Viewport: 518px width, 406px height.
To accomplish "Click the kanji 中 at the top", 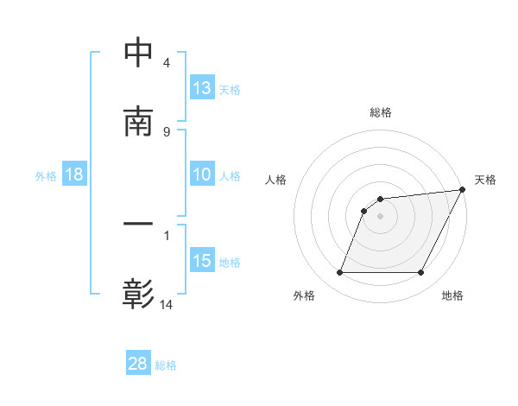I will click(x=138, y=53).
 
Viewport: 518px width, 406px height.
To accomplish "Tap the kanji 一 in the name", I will click(x=138, y=225).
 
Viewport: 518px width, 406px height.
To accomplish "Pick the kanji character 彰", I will click(x=138, y=295).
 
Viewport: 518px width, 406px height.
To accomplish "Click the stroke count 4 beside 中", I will click(x=166, y=63).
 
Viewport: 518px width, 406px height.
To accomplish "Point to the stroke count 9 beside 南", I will click(x=166, y=131).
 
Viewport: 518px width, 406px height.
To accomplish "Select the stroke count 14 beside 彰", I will click(x=166, y=304).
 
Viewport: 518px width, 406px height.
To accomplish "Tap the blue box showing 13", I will click(x=201, y=88).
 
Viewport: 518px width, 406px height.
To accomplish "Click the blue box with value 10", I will click(x=201, y=174).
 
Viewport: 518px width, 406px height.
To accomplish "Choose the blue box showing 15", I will click(x=201, y=261).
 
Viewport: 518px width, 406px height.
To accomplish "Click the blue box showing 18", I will click(x=74, y=174).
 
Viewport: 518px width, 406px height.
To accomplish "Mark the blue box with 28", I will click(x=138, y=364).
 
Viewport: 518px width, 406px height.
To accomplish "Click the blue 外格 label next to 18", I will click(x=46, y=175).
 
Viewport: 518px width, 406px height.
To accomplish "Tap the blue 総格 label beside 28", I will click(x=167, y=365).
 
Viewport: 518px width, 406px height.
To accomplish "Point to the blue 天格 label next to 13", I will click(x=230, y=90).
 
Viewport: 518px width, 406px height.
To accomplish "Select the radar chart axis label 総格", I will click(x=380, y=112).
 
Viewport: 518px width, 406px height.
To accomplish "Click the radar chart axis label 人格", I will click(x=275, y=180).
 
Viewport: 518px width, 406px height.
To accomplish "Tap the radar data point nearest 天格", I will click(x=463, y=190).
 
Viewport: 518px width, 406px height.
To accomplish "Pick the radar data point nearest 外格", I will click(x=339, y=273).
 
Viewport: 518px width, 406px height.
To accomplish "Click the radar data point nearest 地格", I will click(x=420, y=273).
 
